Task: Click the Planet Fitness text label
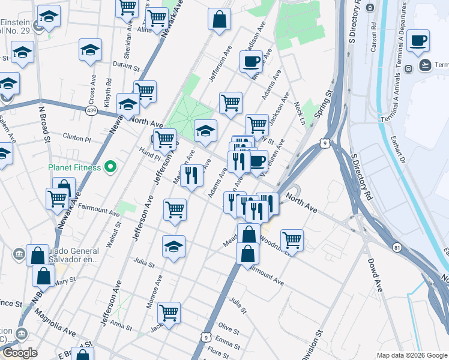click(x=75, y=167)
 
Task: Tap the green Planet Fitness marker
click(x=110, y=167)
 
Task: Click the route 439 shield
click(x=91, y=111)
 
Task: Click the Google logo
click(x=20, y=353)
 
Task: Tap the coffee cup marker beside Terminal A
click(x=418, y=41)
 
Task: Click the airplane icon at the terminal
click(x=426, y=65)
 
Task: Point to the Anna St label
click(x=121, y=326)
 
